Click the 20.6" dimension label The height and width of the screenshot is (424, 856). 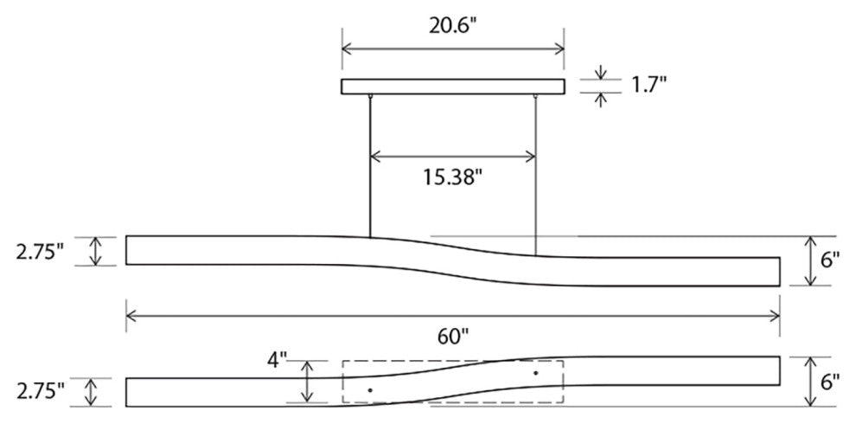[x=453, y=25]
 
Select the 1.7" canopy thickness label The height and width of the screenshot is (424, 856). [x=646, y=85]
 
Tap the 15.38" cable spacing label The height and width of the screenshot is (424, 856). [x=452, y=177]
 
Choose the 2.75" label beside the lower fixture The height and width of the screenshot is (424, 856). [x=40, y=391]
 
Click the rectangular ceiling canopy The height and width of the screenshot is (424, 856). [x=452, y=87]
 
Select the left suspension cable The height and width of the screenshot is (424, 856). [x=370, y=164]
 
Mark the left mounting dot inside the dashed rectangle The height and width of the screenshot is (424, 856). [x=370, y=391]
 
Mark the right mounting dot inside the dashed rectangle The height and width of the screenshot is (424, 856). [x=535, y=373]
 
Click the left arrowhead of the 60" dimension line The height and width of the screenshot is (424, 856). [x=131, y=316]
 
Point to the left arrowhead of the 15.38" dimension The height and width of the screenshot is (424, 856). [x=375, y=157]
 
